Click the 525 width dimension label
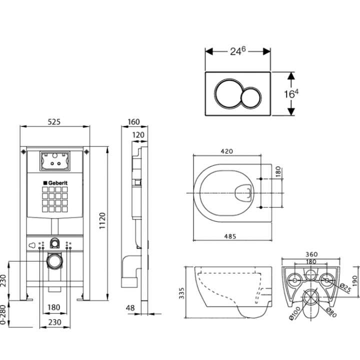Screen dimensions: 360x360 [x=54, y=121]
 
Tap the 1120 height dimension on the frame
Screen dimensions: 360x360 [x=102, y=220]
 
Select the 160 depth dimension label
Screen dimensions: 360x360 [x=133, y=121]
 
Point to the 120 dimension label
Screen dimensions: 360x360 [x=138, y=135]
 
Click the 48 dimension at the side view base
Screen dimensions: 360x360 [x=130, y=308]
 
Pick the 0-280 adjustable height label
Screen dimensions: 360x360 [x=2, y=314]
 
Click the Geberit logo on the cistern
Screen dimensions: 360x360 [x=55, y=183]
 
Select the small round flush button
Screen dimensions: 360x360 [x=251, y=97]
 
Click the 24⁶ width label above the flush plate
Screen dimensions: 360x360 [x=238, y=51]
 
